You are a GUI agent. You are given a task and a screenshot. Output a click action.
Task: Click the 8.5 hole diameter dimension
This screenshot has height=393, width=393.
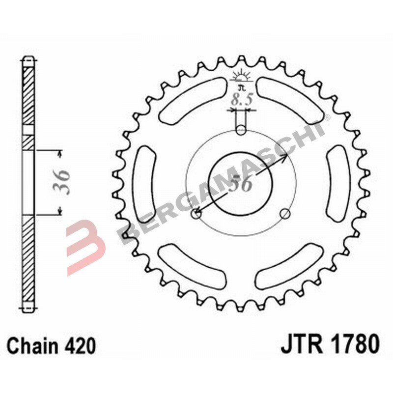241,100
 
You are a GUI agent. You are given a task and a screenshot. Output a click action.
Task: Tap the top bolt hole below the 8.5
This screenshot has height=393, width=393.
241,130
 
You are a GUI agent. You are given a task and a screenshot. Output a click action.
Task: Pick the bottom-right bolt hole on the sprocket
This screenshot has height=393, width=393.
285,213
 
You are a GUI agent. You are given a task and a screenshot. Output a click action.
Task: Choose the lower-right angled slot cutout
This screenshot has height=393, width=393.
290,265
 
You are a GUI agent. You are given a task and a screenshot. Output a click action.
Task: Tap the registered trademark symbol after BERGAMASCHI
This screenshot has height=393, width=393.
327,117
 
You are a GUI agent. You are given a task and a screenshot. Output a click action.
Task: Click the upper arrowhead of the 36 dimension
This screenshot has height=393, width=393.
60,154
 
